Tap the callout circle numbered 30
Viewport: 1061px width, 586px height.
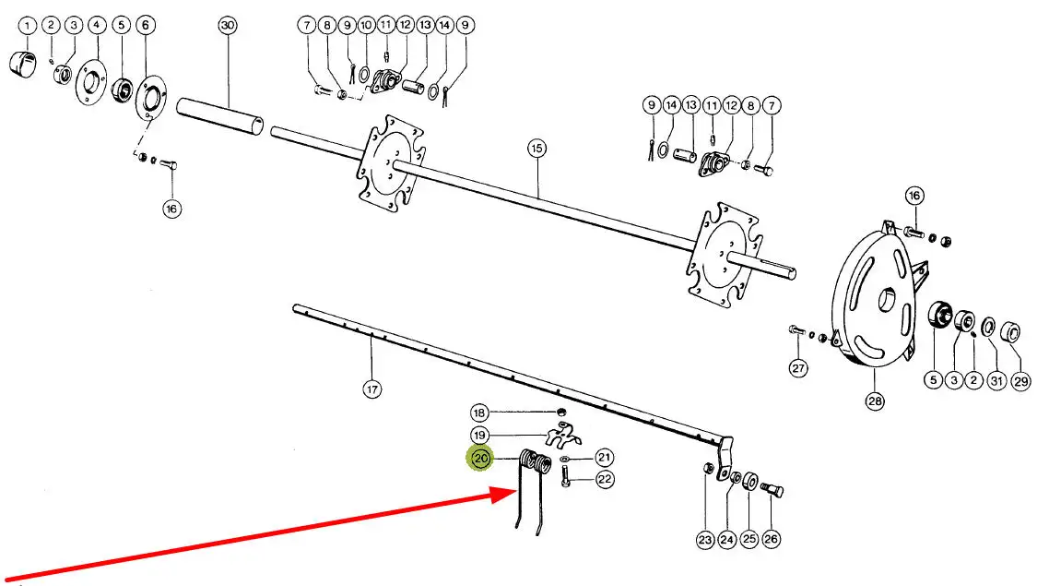click(x=228, y=26)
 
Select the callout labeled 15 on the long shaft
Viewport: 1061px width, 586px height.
click(x=537, y=148)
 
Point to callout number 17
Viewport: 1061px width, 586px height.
click(x=371, y=389)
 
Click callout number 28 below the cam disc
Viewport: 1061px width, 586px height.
click(x=874, y=401)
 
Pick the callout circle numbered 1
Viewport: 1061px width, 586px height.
click(x=28, y=26)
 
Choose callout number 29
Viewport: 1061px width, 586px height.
click(x=1021, y=381)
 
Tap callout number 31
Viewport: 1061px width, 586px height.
click(x=996, y=381)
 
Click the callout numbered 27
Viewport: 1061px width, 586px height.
click(x=797, y=369)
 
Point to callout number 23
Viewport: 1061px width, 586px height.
click(x=705, y=540)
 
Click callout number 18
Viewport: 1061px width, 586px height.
click(x=478, y=413)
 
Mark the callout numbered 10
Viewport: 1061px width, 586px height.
click(x=366, y=26)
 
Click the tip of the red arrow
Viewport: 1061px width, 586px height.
click(x=513, y=492)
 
